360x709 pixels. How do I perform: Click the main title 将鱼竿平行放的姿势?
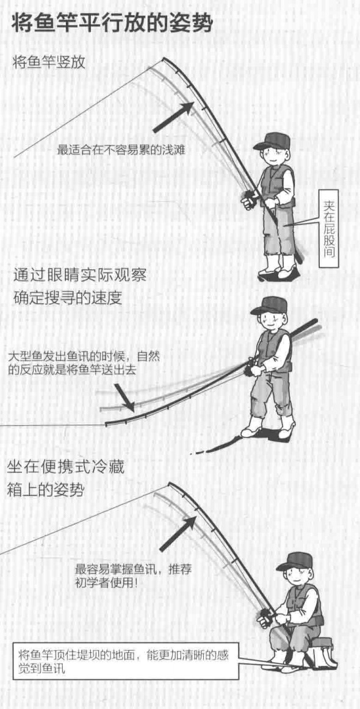pos(112,22)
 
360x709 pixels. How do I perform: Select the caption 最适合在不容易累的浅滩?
pos(121,149)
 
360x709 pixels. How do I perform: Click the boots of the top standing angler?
pos(277,267)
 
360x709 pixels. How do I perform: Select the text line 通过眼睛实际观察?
pos(81,276)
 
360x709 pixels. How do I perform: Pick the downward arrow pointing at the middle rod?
pos(124,398)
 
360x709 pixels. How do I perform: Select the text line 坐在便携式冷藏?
pos(65,467)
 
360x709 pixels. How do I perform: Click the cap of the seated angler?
pos(295,561)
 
